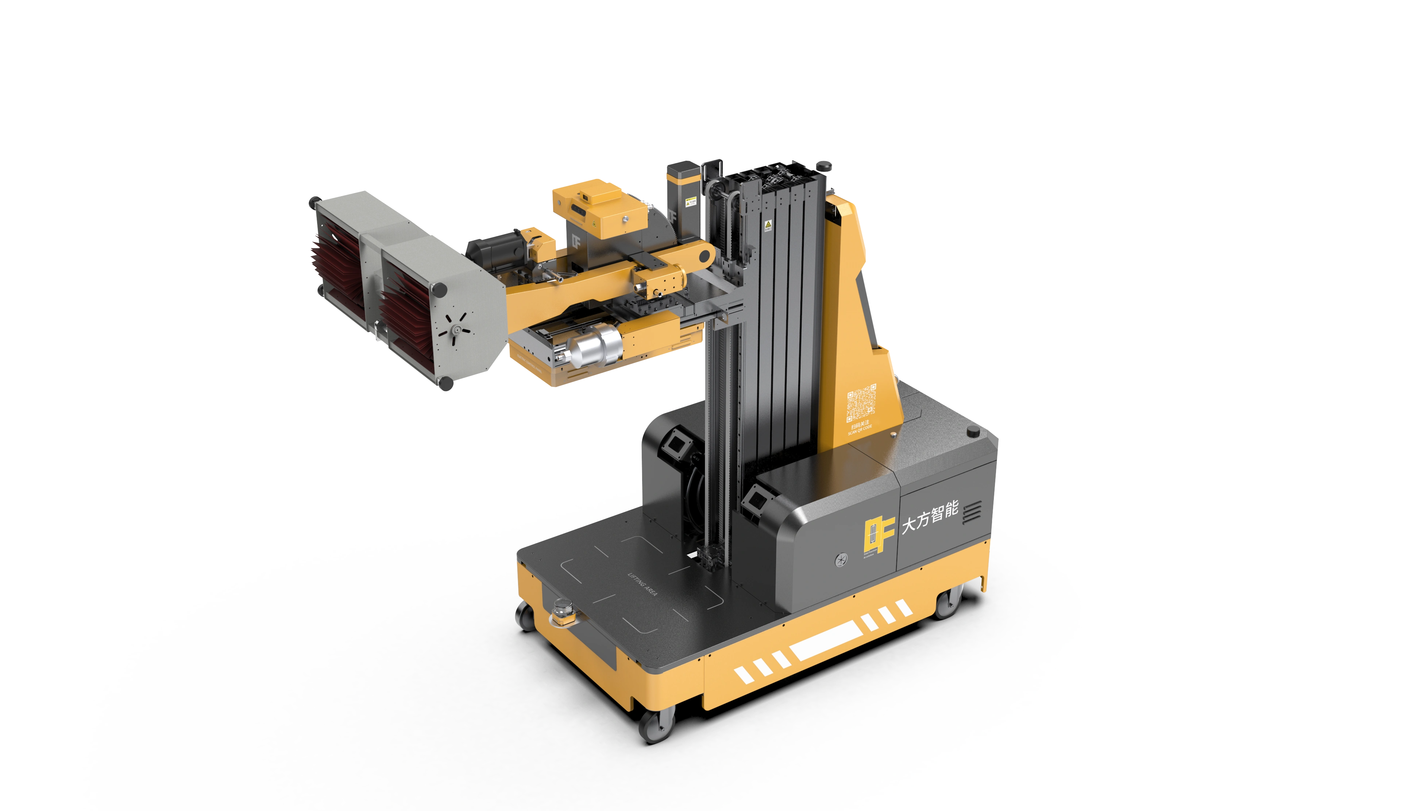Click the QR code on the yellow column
861,403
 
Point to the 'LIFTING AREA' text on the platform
643,584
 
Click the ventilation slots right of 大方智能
972,511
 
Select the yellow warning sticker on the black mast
768,225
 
